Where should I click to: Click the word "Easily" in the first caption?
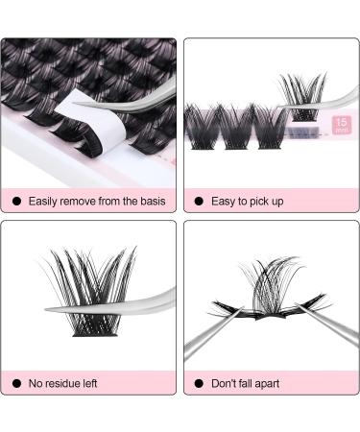(44, 202)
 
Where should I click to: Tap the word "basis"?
(150, 202)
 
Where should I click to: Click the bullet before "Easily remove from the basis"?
(15, 202)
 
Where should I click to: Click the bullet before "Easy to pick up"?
(199, 202)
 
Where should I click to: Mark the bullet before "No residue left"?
(15, 383)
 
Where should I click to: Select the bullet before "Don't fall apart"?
(199, 383)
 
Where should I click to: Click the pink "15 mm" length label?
(340, 126)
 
